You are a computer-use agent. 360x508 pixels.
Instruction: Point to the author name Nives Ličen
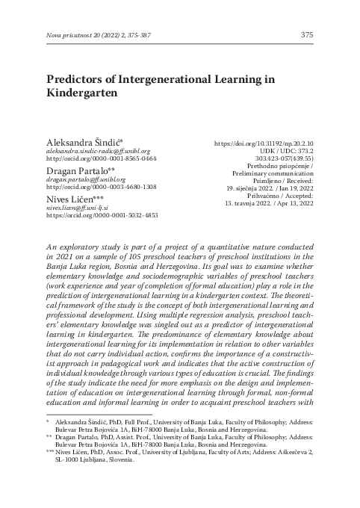click(73, 199)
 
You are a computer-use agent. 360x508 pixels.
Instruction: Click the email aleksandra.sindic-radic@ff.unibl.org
click(99, 150)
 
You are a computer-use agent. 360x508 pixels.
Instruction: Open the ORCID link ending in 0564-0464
click(102, 159)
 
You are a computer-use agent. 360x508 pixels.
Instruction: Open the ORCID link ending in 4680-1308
click(102, 188)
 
